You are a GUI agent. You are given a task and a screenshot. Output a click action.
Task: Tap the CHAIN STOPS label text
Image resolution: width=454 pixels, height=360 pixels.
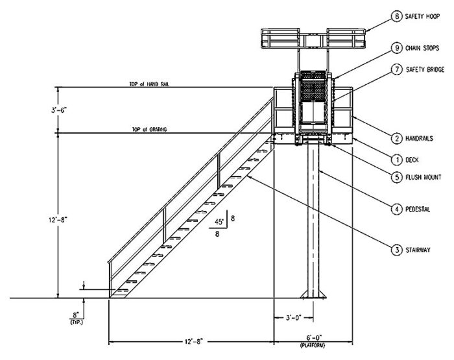pyautogui.click(x=422, y=48)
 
